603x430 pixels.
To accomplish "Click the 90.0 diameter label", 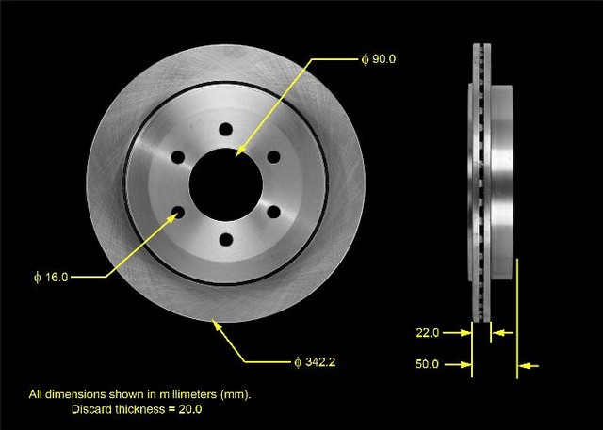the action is tap(379, 59).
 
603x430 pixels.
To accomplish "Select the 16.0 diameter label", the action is tap(51, 277).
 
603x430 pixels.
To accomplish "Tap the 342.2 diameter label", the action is tap(315, 362).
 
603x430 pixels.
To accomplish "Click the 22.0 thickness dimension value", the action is tap(427, 332).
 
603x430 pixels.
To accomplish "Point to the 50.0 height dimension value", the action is tap(427, 364).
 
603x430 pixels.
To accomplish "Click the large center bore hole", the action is tap(226, 184).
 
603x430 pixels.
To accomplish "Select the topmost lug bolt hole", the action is tap(226, 130).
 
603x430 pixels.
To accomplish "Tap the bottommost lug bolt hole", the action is tap(226, 240).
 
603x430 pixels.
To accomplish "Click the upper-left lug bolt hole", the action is tap(178, 157).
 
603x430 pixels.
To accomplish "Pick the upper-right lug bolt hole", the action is tap(274, 157).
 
